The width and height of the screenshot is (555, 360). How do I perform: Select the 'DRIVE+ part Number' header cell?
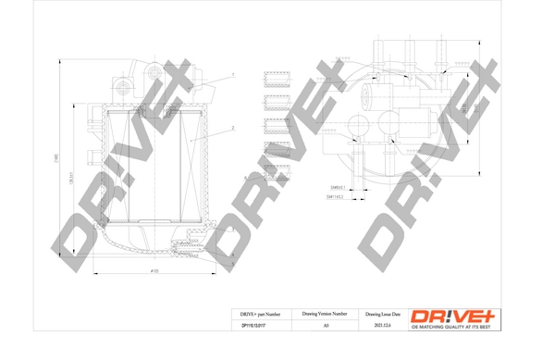253,314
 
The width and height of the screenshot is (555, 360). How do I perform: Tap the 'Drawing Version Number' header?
325,314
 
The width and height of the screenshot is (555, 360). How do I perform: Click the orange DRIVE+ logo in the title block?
455,315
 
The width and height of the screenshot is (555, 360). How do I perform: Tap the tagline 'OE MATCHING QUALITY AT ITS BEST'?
455,327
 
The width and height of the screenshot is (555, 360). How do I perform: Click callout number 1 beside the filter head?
233,74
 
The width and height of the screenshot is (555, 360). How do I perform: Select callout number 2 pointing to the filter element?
233,127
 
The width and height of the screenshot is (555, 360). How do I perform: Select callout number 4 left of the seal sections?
245,177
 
